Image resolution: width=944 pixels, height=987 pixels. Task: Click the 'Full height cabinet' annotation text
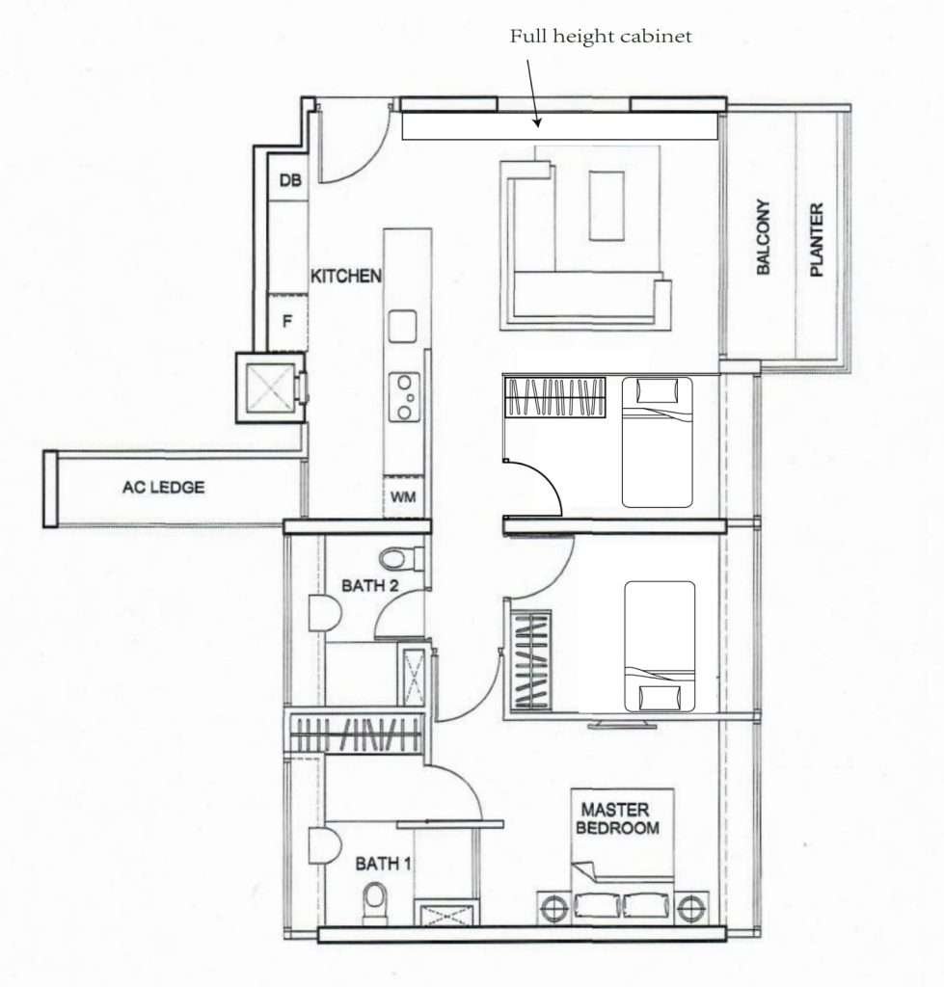pos(600,37)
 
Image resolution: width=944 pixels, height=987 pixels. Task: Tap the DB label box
pos(289,180)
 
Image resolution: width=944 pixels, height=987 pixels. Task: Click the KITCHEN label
pos(346,276)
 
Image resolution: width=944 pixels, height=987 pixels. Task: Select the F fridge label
pos(287,322)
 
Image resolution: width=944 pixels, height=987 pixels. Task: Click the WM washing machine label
pos(403,496)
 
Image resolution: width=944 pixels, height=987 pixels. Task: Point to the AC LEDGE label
pos(164,487)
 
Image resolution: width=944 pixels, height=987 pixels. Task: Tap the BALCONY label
pos(764,237)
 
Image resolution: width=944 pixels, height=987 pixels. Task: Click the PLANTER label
pos(817,239)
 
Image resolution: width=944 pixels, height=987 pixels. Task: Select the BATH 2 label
pos(369,585)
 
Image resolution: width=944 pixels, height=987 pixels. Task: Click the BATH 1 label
pos(383,863)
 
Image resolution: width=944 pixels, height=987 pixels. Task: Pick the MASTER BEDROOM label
pos(617,818)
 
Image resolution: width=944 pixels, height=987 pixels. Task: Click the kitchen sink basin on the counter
pos(402,326)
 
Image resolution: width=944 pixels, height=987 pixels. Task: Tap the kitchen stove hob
pos(404,397)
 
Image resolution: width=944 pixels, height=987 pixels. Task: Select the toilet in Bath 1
pos(375,903)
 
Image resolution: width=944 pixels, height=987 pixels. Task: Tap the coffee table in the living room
pos(607,205)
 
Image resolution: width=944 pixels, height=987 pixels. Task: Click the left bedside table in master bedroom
pos(554,909)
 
